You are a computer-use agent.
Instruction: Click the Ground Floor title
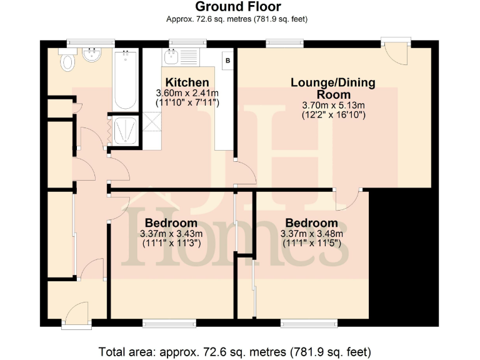pyautogui.click(x=238, y=7)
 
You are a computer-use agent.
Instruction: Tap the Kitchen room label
pyautogui.click(x=187, y=82)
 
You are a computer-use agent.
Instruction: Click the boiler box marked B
pyautogui.click(x=227, y=61)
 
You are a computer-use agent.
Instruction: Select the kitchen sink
pyautogui.click(x=171, y=59)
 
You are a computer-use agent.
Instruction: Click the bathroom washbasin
pyautogui.click(x=93, y=55)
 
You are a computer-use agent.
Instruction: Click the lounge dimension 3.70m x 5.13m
pyautogui.click(x=333, y=106)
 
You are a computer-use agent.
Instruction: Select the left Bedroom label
pyautogui.click(x=171, y=223)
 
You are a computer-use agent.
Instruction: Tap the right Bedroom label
pyautogui.click(x=311, y=223)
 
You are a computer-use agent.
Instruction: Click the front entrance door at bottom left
pyautogui.click(x=77, y=314)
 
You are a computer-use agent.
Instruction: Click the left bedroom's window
pyautogui.click(x=168, y=324)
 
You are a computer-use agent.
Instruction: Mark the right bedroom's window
pyautogui.click(x=311, y=324)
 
